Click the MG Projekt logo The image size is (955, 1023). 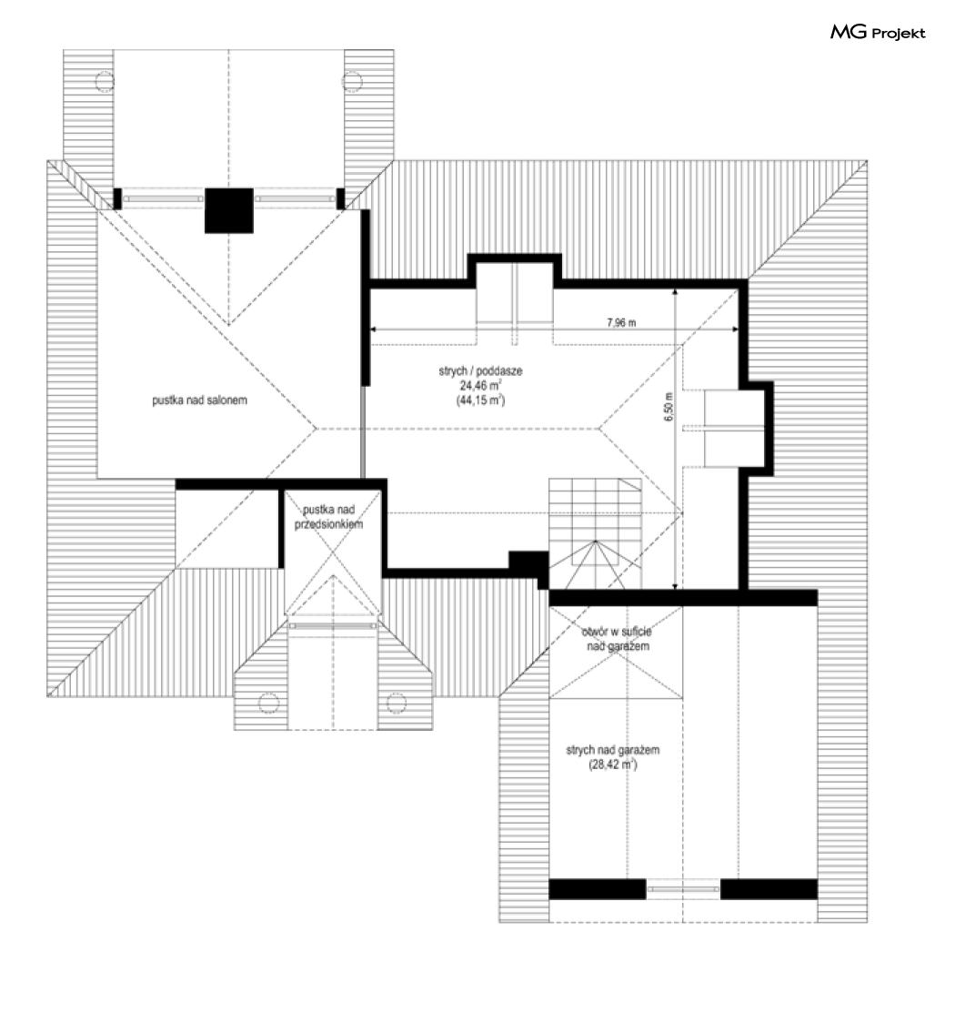coord(878,33)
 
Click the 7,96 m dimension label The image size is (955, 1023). coord(621,322)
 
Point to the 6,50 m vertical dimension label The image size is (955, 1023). coord(668,407)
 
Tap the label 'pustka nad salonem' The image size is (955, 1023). coord(199,400)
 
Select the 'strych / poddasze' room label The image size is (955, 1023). coord(480,370)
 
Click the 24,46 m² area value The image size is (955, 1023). coord(480,385)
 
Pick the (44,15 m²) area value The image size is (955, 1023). coord(480,400)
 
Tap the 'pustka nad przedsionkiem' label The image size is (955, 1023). coord(328,517)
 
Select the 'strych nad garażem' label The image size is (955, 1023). coord(613,750)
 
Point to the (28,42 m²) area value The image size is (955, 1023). coord(613,765)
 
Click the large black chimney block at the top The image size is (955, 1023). coord(229,211)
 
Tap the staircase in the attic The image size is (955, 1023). coord(595,533)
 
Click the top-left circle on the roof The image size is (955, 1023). coord(105,82)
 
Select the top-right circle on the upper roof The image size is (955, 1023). coord(352,82)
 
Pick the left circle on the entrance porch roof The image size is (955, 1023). coord(268,703)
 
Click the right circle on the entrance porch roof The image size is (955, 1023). coord(397,703)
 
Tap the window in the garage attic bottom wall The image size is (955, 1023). coord(683,889)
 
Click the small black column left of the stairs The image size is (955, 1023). coord(528,562)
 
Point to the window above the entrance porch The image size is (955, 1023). coord(333,625)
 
